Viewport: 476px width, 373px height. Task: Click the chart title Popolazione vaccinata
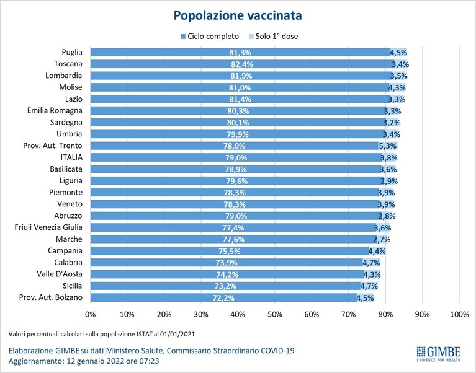[x=238, y=15]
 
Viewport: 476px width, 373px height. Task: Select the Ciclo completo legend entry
[x=210, y=37]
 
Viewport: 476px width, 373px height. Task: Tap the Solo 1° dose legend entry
[x=273, y=37]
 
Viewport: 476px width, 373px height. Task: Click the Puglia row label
[x=72, y=52]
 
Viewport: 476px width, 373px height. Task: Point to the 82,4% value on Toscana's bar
[x=241, y=64]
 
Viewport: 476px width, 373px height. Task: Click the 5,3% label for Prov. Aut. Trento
[x=388, y=146]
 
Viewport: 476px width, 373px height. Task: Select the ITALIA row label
[x=71, y=157]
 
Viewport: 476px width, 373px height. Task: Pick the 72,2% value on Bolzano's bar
[x=223, y=298]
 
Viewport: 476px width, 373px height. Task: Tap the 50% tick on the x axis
[x=275, y=315]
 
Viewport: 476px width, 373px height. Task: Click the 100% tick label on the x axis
[x=460, y=315]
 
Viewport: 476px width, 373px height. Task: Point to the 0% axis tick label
[x=91, y=315]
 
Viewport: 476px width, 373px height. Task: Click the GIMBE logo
[x=438, y=354]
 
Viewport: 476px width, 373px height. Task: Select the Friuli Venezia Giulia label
[x=48, y=227]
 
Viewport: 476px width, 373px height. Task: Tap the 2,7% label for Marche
[x=382, y=239]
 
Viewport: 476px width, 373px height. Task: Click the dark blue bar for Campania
[x=230, y=251]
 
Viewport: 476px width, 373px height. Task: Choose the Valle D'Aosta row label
[x=60, y=274]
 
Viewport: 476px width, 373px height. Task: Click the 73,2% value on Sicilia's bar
[x=225, y=286]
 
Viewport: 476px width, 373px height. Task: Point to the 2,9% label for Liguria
[x=389, y=181]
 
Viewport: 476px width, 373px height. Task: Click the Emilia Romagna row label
[x=55, y=110]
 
